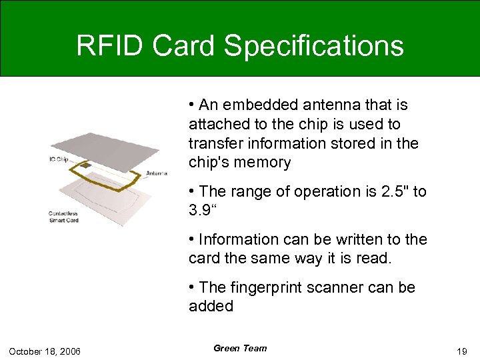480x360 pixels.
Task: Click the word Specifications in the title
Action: coord(314,47)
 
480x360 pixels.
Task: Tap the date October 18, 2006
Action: coord(45,351)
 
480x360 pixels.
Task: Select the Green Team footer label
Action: coord(240,348)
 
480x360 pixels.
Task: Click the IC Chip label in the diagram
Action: coord(59,159)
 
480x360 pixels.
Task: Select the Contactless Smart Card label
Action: coord(63,217)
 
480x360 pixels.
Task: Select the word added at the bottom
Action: coord(211,307)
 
